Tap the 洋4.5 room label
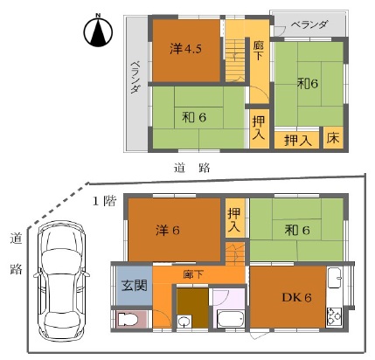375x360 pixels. [185, 49]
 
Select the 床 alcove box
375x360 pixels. [333, 138]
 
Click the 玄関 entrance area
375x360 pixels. [135, 286]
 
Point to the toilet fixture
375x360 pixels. [127, 320]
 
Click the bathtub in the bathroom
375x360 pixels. [231, 319]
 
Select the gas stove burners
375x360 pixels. [334, 317]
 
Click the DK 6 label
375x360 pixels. [296, 297]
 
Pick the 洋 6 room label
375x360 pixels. [168, 231]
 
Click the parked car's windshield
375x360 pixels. [61, 260]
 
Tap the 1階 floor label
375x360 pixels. [104, 201]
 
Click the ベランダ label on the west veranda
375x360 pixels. [135, 77]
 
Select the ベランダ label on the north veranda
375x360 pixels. [309, 24]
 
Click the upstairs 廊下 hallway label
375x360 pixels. [259, 50]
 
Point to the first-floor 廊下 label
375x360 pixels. [193, 274]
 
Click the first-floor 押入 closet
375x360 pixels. [235, 218]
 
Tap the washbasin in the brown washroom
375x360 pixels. [184, 322]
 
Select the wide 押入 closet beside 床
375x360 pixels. [297, 141]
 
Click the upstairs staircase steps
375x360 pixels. [235, 60]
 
